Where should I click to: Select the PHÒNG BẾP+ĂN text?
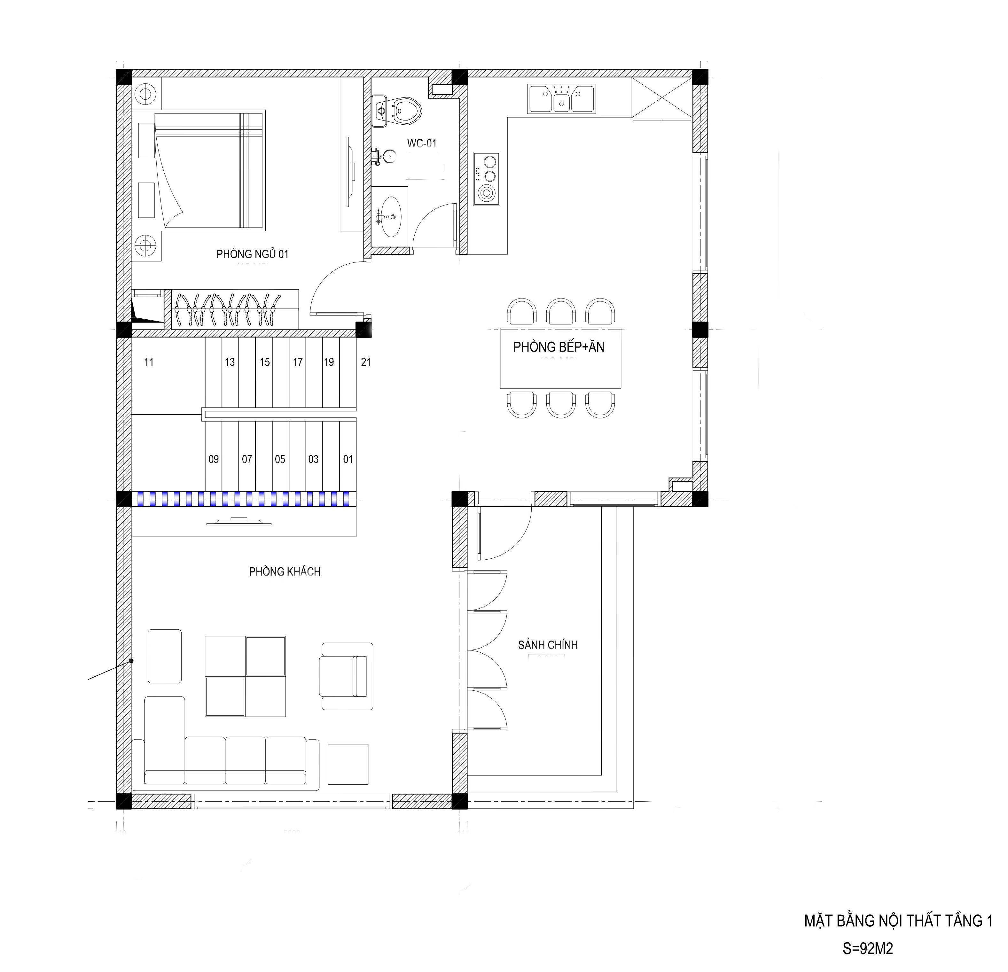click(x=559, y=347)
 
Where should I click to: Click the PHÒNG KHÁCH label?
click(x=285, y=572)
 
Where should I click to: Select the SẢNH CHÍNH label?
click(x=548, y=645)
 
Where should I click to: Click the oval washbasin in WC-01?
click(x=390, y=216)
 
